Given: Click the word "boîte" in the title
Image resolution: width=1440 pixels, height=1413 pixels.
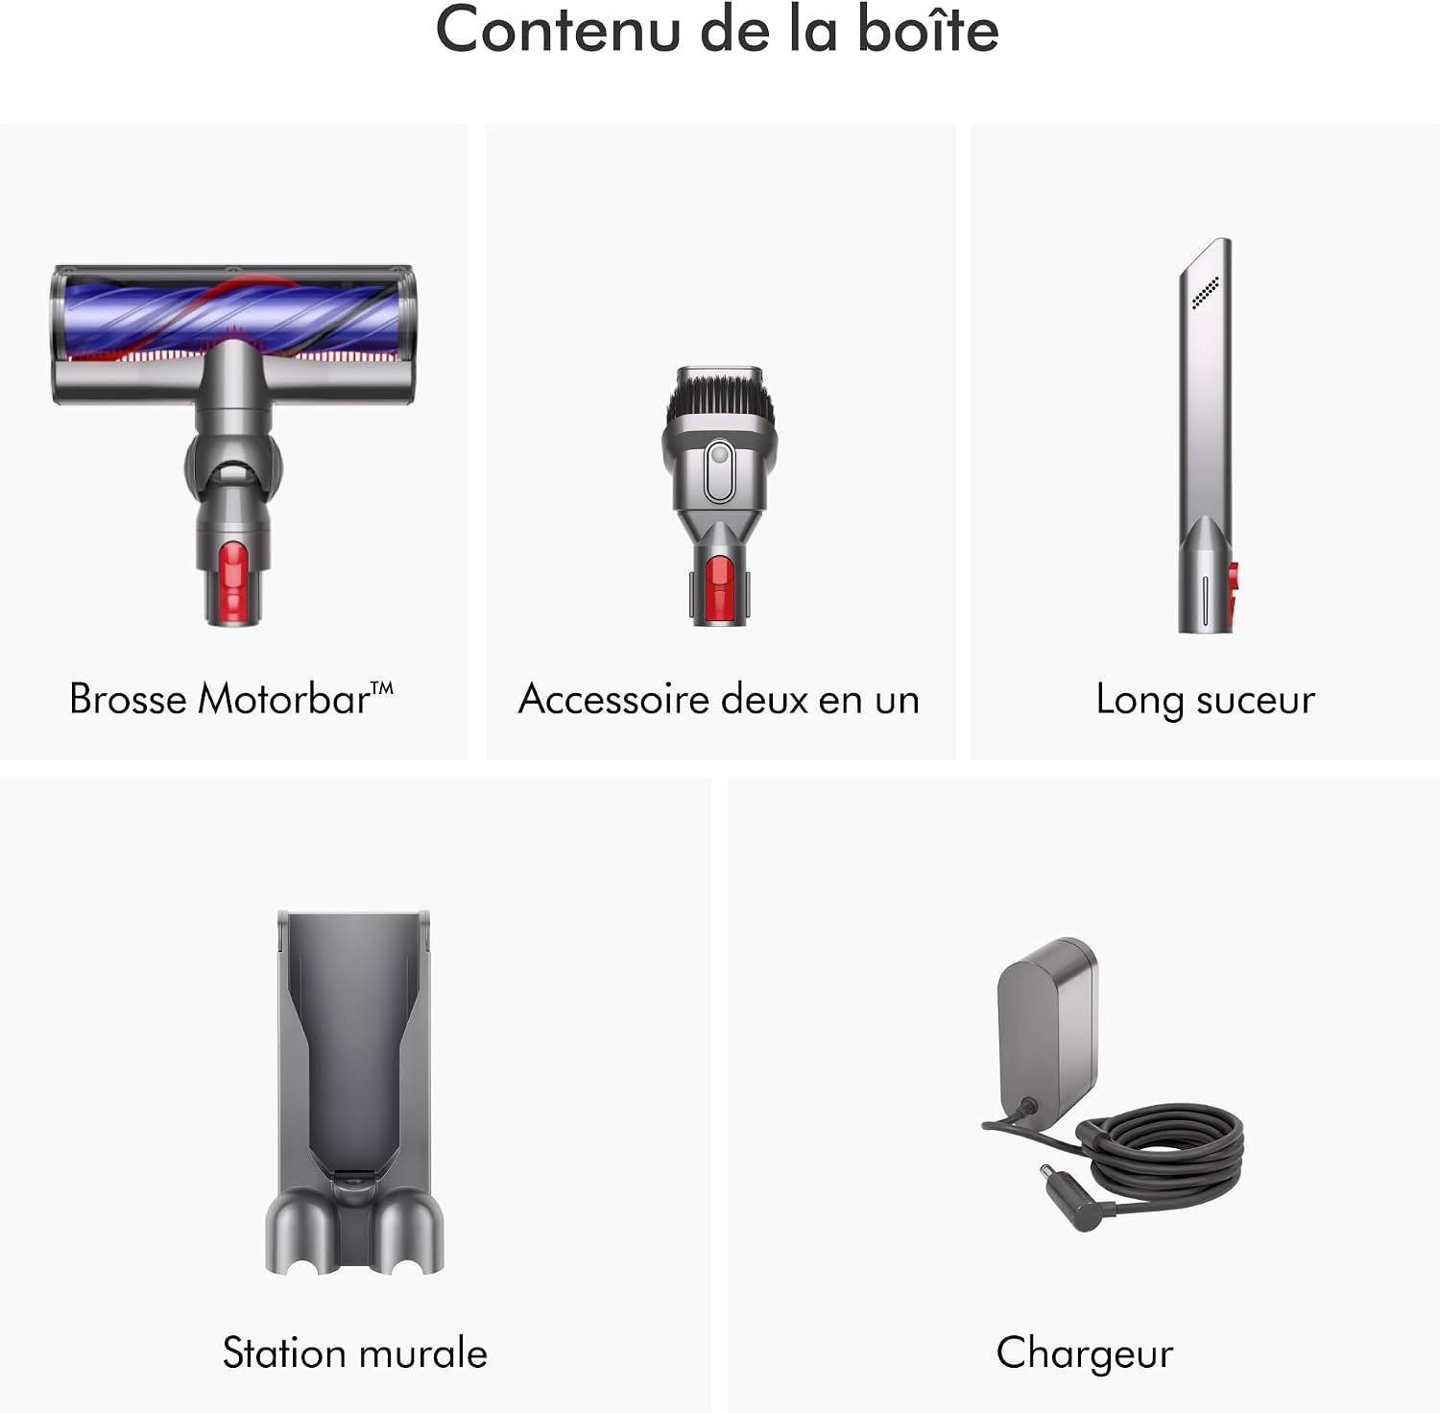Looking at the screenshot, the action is pyautogui.click(x=927, y=29).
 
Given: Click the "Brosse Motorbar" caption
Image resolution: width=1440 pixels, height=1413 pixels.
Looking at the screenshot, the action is pyautogui.click(x=231, y=699).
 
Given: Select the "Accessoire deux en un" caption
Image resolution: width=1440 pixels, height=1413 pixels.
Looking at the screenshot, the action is pyautogui.click(x=719, y=699).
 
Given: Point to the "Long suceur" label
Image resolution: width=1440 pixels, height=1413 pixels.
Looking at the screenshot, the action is pyautogui.click(x=1205, y=700).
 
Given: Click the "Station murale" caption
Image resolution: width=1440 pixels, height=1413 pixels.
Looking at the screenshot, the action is pyautogui.click(x=355, y=1353).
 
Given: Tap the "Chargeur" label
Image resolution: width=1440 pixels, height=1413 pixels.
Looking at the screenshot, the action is pyautogui.click(x=1085, y=1353).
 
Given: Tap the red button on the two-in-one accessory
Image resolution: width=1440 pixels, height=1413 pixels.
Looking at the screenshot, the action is pyautogui.click(x=719, y=586).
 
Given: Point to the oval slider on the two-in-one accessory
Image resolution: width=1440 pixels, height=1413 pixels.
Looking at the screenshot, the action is pyautogui.click(x=719, y=470).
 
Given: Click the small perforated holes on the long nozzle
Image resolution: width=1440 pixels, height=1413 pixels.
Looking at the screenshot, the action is pyautogui.click(x=1205, y=293).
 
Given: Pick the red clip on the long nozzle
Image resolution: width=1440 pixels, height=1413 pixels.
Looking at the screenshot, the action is pyautogui.click(x=1232, y=591).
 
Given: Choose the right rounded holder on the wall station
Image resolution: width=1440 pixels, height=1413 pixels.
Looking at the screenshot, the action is pyautogui.click(x=407, y=1233).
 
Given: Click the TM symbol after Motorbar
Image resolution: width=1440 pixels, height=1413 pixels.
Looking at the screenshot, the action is pyautogui.click(x=382, y=687).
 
